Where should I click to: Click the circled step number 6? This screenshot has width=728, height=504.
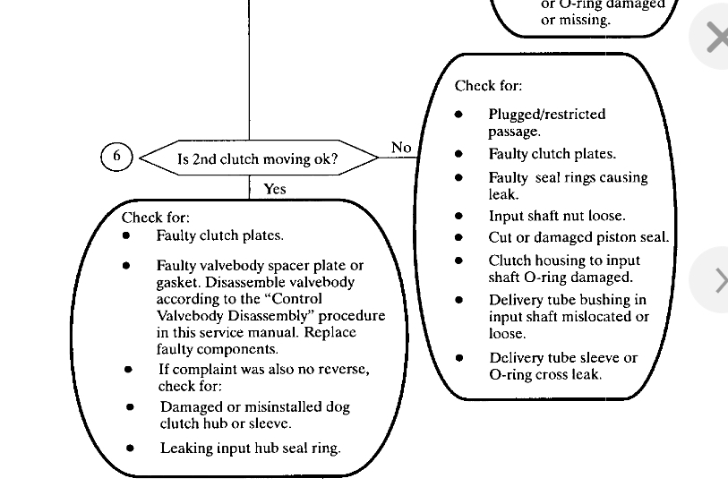point(116,157)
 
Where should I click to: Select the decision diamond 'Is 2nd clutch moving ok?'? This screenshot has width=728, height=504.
point(258,159)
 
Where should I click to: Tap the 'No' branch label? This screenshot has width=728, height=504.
point(401,147)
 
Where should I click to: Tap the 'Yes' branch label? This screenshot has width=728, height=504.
point(275,189)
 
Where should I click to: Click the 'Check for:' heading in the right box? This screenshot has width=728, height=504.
point(488,86)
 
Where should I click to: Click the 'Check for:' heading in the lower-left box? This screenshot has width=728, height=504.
point(156,217)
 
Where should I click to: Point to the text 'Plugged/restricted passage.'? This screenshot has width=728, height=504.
point(546,123)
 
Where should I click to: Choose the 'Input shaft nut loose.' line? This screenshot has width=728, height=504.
point(556,216)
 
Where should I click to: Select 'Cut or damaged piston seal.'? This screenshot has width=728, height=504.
point(578,237)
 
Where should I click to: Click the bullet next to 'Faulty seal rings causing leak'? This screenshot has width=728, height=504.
point(459,177)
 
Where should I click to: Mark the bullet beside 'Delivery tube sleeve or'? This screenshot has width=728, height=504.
point(459,358)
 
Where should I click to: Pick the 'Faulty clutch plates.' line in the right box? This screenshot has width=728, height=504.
point(552,154)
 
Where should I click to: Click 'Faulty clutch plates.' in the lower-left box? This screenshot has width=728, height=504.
point(219,235)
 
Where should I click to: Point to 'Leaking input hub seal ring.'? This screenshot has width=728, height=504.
point(250,448)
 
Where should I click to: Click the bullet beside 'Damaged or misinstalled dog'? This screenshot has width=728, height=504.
point(131,407)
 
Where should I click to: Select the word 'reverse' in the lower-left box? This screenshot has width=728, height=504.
point(339,369)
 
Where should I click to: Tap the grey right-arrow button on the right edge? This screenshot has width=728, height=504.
point(717,280)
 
